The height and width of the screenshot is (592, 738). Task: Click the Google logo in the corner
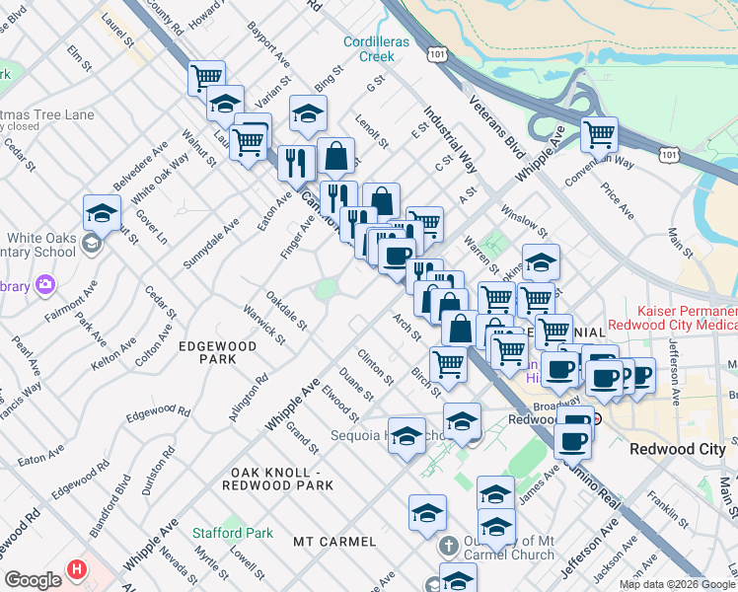click(33, 580)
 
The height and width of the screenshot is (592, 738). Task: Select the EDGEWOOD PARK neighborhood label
click(218, 353)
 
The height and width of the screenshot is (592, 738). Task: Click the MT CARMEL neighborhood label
click(334, 542)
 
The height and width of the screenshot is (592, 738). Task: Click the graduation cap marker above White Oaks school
click(103, 212)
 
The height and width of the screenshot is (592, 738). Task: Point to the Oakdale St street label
click(287, 311)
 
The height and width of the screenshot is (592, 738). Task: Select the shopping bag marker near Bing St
click(335, 154)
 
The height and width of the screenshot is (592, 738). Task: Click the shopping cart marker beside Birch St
click(448, 363)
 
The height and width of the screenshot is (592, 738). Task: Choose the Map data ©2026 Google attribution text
click(677, 584)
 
